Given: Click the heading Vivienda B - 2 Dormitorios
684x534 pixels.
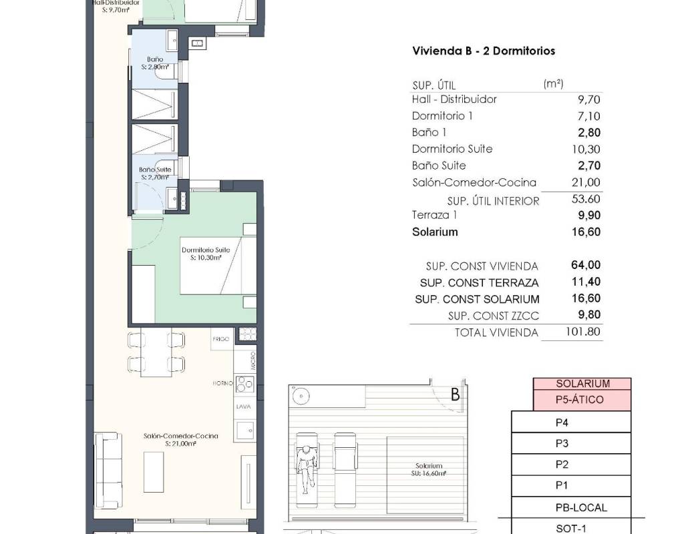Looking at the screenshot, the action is coord(484,51).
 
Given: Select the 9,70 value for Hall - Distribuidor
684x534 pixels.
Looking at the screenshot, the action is coord(589,100).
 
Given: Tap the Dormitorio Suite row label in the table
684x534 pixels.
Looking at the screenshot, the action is coord(452,149).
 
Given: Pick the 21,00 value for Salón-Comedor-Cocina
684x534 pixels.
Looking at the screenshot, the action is coord(586,182).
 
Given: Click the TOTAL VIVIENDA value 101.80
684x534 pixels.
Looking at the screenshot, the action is coord(582,332).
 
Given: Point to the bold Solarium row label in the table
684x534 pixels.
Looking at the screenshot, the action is coord(435,232).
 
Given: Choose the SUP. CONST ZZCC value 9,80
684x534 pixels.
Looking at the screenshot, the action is coord(589,315).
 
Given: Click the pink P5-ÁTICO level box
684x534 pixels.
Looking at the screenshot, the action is coord(582,400).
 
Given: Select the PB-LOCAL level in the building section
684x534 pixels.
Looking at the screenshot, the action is coord(571,507).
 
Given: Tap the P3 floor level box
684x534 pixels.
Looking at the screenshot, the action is coord(571,443).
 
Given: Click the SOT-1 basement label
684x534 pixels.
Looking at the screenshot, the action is coord(571,529).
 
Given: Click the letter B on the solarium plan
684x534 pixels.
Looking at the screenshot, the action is coord(456,394).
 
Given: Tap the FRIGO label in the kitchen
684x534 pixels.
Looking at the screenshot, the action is coord(220,338).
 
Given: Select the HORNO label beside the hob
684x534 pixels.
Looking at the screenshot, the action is coord(223,383).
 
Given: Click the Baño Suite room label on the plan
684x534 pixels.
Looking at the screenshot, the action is coord(155,170).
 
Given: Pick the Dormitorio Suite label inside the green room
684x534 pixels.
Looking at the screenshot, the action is coord(206,250).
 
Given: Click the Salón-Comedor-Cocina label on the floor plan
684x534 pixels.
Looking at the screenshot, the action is coord(180,436).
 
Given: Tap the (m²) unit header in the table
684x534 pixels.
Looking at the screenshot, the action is coord(553,83).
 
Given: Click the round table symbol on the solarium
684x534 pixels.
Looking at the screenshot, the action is coord(301,396).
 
